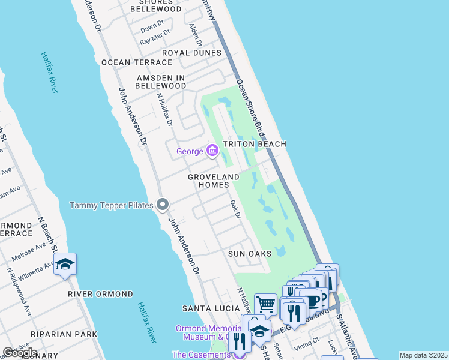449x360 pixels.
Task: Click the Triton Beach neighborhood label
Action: (x=255, y=144)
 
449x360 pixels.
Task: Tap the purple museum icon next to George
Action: (x=212, y=151)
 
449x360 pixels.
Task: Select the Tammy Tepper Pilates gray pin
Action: (x=163, y=205)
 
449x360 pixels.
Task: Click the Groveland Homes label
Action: (x=214, y=181)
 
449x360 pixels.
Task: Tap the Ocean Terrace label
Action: (x=137, y=62)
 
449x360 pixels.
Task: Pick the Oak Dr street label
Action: (x=235, y=209)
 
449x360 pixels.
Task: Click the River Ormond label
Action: (x=100, y=294)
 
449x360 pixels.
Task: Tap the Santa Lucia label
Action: (x=206, y=308)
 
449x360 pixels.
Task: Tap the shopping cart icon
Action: (x=265, y=304)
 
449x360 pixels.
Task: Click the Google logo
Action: (x=20, y=353)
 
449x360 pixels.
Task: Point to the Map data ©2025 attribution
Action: (x=423, y=355)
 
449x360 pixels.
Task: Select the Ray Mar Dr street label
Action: (x=152, y=40)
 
